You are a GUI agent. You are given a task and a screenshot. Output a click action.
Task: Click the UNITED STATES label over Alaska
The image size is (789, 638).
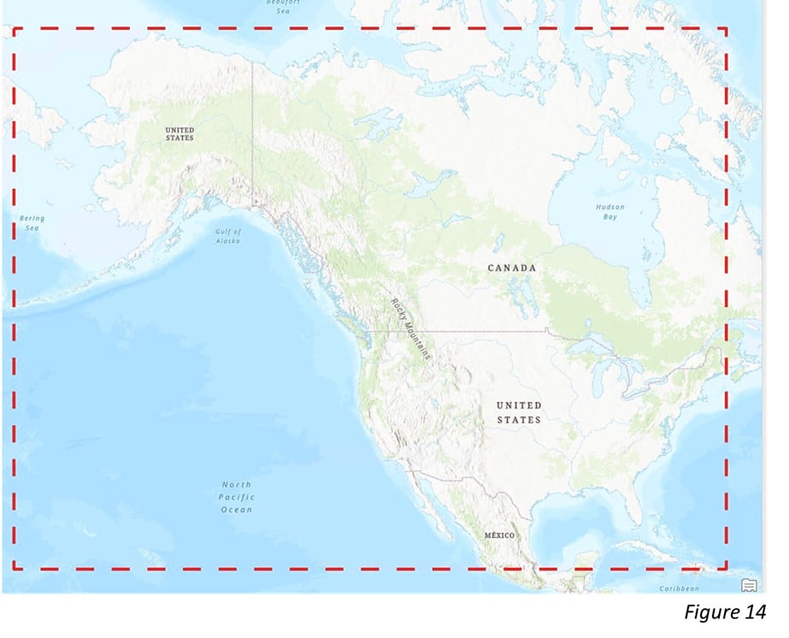tap(180, 133)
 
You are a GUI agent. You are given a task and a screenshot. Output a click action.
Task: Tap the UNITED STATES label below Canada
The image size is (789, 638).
tap(519, 412)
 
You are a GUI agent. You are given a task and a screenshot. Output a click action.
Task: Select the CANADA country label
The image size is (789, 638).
tap(512, 269)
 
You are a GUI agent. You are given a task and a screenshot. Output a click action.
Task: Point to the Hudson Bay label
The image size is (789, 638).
tap(610, 212)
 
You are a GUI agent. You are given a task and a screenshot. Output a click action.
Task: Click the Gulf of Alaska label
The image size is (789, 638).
tap(227, 236)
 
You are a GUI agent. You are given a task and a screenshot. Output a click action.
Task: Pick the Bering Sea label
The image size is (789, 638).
tap(32, 223)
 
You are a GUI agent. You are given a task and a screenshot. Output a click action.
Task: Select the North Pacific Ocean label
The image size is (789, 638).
tap(236, 497)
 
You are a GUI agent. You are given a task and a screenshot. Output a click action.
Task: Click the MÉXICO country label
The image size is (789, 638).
tap(500, 535)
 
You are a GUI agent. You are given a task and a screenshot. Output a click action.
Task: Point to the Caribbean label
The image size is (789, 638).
tap(680, 588)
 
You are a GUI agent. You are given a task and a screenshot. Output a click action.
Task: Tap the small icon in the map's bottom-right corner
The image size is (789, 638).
tap(749, 585)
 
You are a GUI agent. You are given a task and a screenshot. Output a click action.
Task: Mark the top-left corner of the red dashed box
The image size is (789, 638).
tap(14, 28)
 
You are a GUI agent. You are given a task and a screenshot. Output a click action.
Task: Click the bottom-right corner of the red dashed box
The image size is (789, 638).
tap(726, 568)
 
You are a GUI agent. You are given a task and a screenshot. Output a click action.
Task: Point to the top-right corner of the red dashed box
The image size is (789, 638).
tap(726, 28)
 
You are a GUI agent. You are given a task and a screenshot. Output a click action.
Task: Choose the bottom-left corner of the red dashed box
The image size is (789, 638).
tap(14, 568)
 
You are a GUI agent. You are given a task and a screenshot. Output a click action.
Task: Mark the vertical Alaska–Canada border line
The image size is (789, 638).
tap(252, 128)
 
